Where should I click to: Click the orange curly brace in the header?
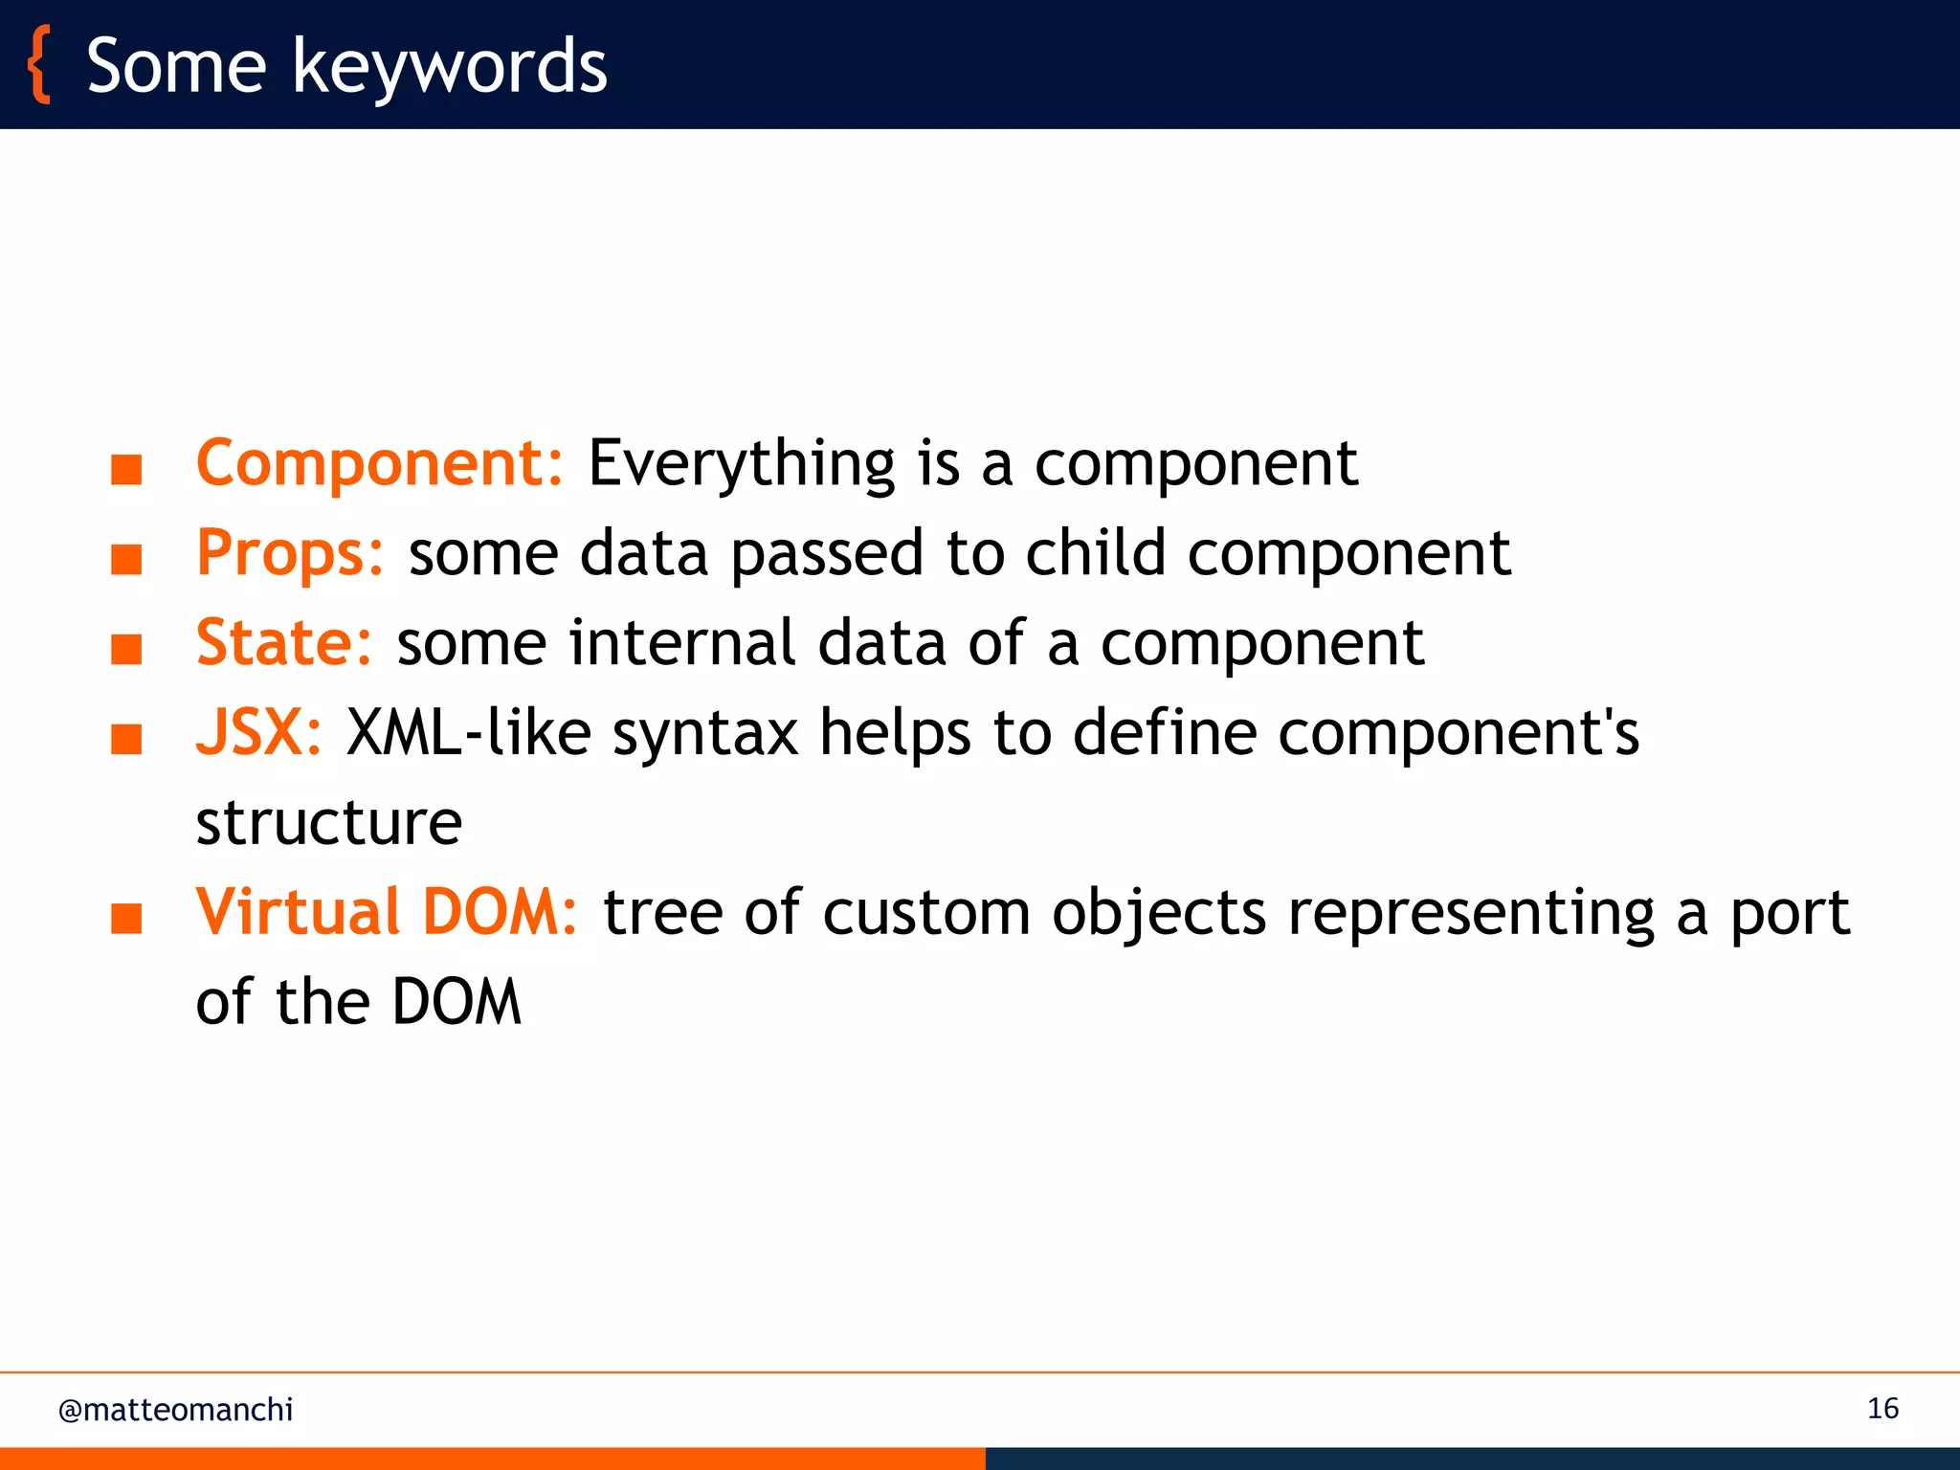tap(39, 65)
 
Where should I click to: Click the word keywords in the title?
tap(449, 67)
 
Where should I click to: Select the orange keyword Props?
tap(290, 553)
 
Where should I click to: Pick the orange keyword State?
tap(284, 642)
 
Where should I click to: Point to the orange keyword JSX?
tap(259, 733)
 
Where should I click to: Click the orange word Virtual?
tap(298, 912)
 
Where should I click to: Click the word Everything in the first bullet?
tap(741, 464)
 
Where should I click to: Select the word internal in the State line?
tap(681, 642)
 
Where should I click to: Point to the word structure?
tap(329, 823)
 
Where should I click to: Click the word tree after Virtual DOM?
tap(662, 912)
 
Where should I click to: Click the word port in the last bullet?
tap(1790, 912)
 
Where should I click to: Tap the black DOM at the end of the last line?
tap(457, 1002)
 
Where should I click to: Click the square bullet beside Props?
tap(126, 559)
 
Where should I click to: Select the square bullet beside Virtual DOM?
tap(126, 918)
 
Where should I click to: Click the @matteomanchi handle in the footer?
tap(176, 1410)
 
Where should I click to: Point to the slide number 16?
tap(1882, 1409)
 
